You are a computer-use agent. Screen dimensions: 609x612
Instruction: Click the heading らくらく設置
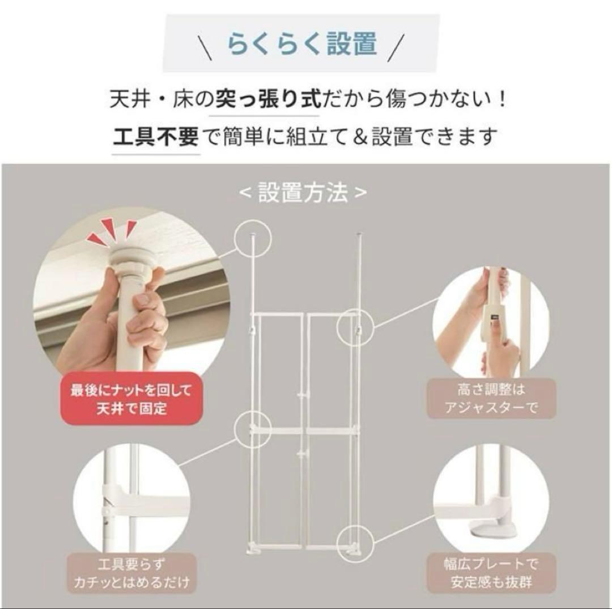click(302, 44)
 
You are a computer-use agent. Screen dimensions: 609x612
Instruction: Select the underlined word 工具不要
click(155, 136)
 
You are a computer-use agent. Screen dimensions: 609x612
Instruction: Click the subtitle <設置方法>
click(303, 193)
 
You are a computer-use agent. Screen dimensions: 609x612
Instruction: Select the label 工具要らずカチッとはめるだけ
click(131, 573)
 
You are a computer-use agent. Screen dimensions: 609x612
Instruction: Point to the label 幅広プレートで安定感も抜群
click(491, 573)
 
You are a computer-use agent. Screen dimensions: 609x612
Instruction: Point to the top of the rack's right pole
click(360, 235)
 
